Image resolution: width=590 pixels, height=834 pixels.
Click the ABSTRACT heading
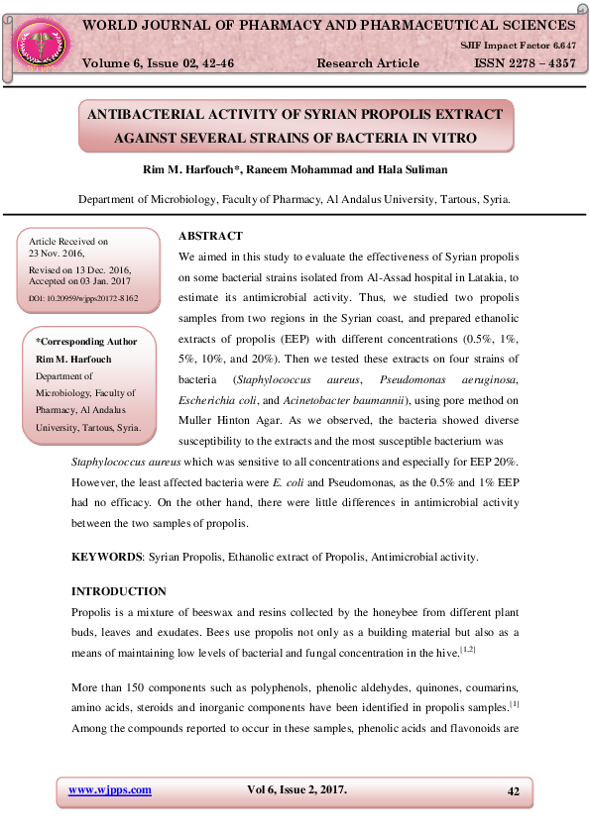(x=210, y=236)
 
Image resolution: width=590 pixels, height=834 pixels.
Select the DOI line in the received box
(x=84, y=297)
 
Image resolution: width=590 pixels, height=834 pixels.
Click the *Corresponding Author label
(x=86, y=342)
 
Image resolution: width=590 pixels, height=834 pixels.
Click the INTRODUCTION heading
(x=119, y=591)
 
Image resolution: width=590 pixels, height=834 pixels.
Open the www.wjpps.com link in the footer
(x=109, y=789)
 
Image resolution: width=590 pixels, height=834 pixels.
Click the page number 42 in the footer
(x=513, y=790)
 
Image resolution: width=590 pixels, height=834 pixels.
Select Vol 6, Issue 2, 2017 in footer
(x=296, y=789)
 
